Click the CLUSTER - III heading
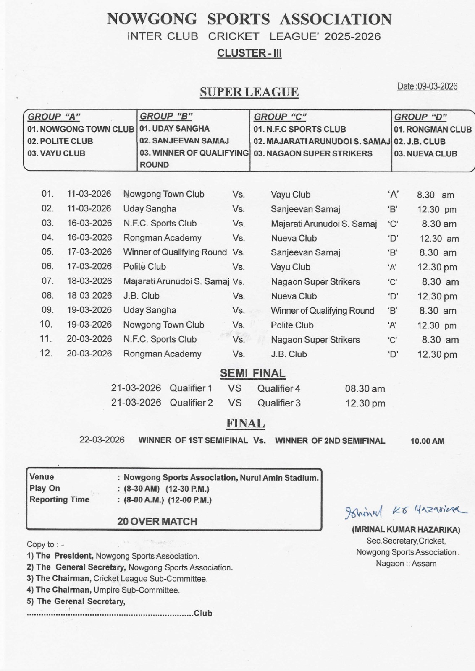[x=249, y=53]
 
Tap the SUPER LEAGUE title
[x=249, y=92]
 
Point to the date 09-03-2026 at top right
[x=427, y=86]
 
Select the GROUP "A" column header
[x=54, y=117]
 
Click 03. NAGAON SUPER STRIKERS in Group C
[x=313, y=153]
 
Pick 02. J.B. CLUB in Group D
[x=420, y=141]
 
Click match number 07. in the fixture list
[x=47, y=281]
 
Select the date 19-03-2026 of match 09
[x=89, y=310]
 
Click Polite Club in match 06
[x=144, y=267]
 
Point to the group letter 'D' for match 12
[x=393, y=354]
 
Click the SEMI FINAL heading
[x=252, y=373]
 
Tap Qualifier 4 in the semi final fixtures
[x=279, y=389]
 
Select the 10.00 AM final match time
[x=427, y=441]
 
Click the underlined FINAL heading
[x=245, y=424]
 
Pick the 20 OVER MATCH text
[x=157, y=521]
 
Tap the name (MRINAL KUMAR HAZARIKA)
[x=406, y=530]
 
